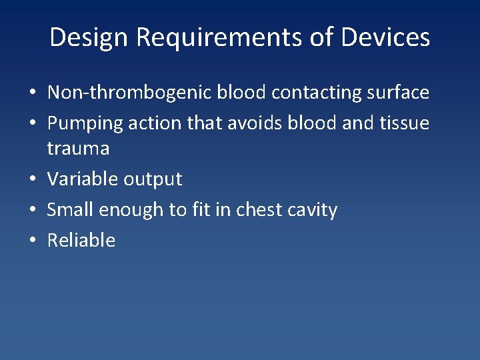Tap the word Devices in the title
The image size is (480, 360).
pos(385,37)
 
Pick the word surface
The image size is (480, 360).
pos(399,93)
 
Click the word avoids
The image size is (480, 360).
pos(252,123)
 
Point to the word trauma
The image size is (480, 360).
pos(78,148)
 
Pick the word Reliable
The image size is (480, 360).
pos(81,240)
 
